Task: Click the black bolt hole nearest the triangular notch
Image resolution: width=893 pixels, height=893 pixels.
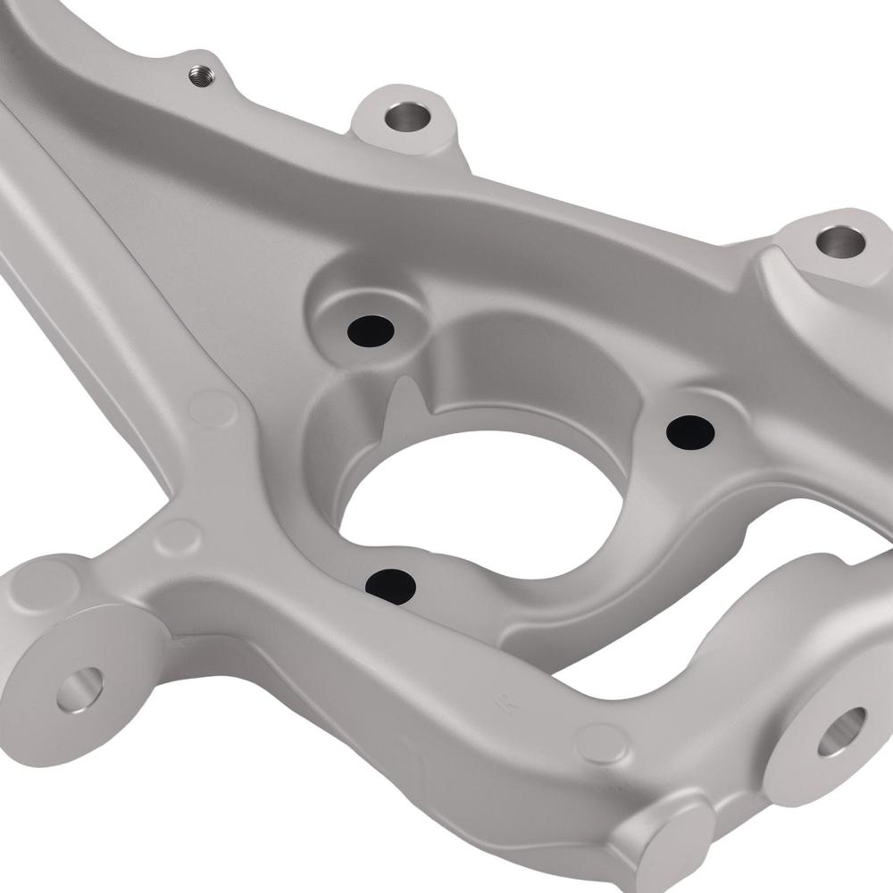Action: tap(371, 330)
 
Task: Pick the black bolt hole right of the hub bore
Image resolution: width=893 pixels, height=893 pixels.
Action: tap(690, 432)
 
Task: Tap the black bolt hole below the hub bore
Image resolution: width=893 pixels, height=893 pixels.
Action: tap(391, 586)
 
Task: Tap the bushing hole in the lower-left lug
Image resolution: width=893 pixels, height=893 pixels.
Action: tap(80, 689)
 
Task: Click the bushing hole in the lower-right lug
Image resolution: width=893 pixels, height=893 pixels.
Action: tap(841, 730)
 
